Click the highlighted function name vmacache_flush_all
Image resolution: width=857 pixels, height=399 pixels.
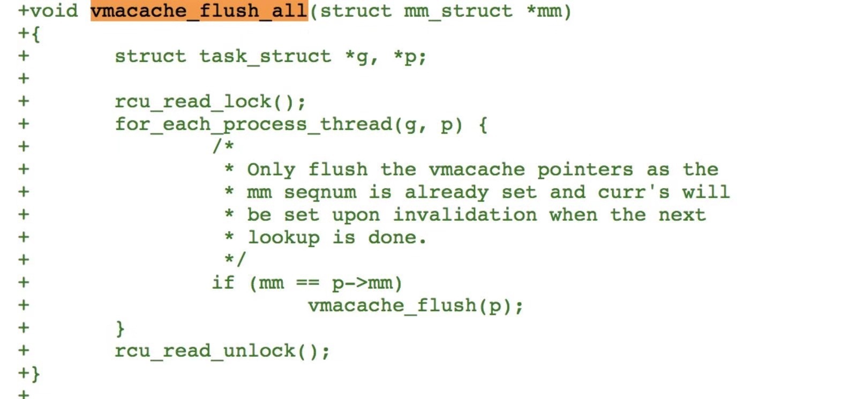pos(199,11)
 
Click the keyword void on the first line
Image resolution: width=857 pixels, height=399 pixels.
pos(54,11)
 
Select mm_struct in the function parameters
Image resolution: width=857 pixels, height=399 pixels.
pos(458,11)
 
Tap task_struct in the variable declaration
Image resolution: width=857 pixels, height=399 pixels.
pos(265,56)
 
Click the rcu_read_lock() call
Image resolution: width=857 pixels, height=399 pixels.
pos(209,102)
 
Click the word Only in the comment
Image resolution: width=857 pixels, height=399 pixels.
pos(271,170)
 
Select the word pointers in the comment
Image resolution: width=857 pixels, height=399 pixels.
pos(585,170)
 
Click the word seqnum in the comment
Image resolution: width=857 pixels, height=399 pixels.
pos(320,192)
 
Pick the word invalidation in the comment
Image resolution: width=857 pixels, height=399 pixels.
pos(465,215)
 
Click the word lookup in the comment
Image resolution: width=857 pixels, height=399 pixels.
pos(283,237)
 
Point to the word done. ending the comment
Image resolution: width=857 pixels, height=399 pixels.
pos(397,237)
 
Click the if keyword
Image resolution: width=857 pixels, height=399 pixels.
pos(223,282)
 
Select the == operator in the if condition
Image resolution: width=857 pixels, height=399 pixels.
pos(307,282)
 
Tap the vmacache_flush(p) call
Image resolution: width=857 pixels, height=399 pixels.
pos(415,305)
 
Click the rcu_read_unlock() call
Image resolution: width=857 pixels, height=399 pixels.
pos(222,351)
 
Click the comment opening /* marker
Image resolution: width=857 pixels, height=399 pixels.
pos(223,146)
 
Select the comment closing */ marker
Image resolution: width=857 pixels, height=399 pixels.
pos(235,260)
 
